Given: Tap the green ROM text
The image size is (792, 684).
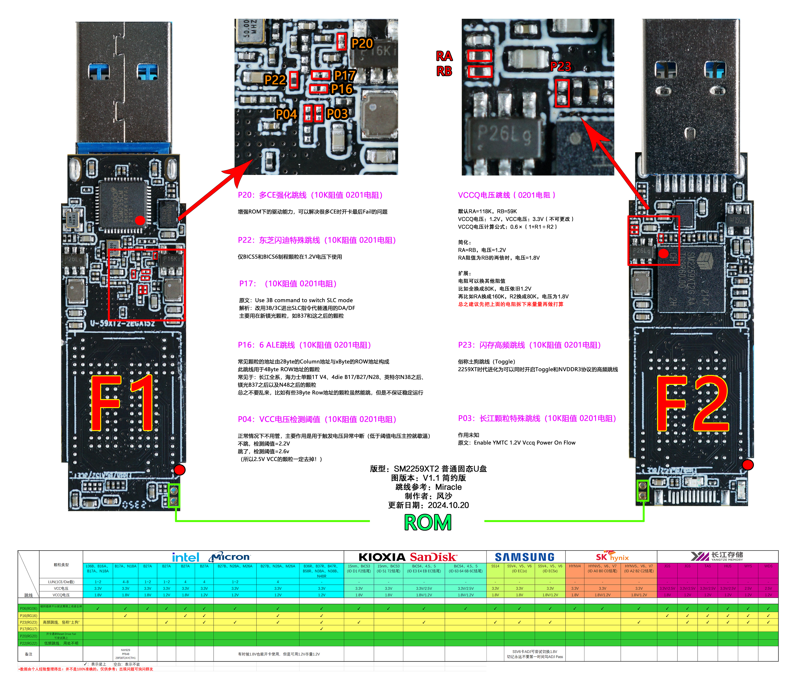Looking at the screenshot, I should (x=428, y=523).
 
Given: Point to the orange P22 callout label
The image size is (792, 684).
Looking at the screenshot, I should (x=275, y=80).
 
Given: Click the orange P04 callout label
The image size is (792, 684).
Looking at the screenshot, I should (x=286, y=114).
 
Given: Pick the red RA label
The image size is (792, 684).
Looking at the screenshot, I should (x=444, y=56).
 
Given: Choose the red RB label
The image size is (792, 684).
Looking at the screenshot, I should (x=444, y=71).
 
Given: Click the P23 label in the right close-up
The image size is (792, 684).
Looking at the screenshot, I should (x=560, y=67).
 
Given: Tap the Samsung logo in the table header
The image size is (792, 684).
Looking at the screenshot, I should (x=525, y=557).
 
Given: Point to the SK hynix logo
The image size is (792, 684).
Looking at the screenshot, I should (x=612, y=557).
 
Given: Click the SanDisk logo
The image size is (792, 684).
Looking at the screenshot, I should (x=434, y=557).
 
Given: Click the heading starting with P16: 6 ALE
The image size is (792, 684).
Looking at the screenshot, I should (x=304, y=345).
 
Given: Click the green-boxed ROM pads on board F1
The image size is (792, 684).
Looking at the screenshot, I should (x=174, y=495).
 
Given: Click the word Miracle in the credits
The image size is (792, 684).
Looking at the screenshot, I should (x=448, y=487).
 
